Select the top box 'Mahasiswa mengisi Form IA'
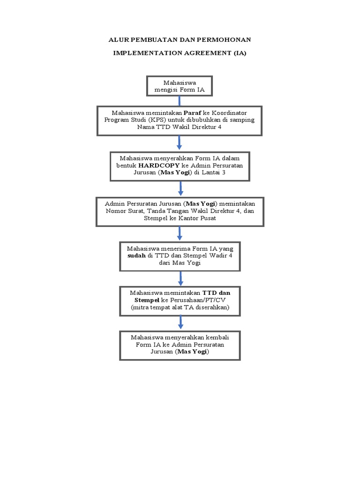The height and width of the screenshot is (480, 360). click(x=180, y=86)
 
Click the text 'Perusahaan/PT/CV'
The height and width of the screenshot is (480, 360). click(x=200, y=300)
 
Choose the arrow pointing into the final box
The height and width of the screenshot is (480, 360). click(x=180, y=322)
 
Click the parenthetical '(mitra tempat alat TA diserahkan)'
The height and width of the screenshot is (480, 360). click(x=180, y=307)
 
